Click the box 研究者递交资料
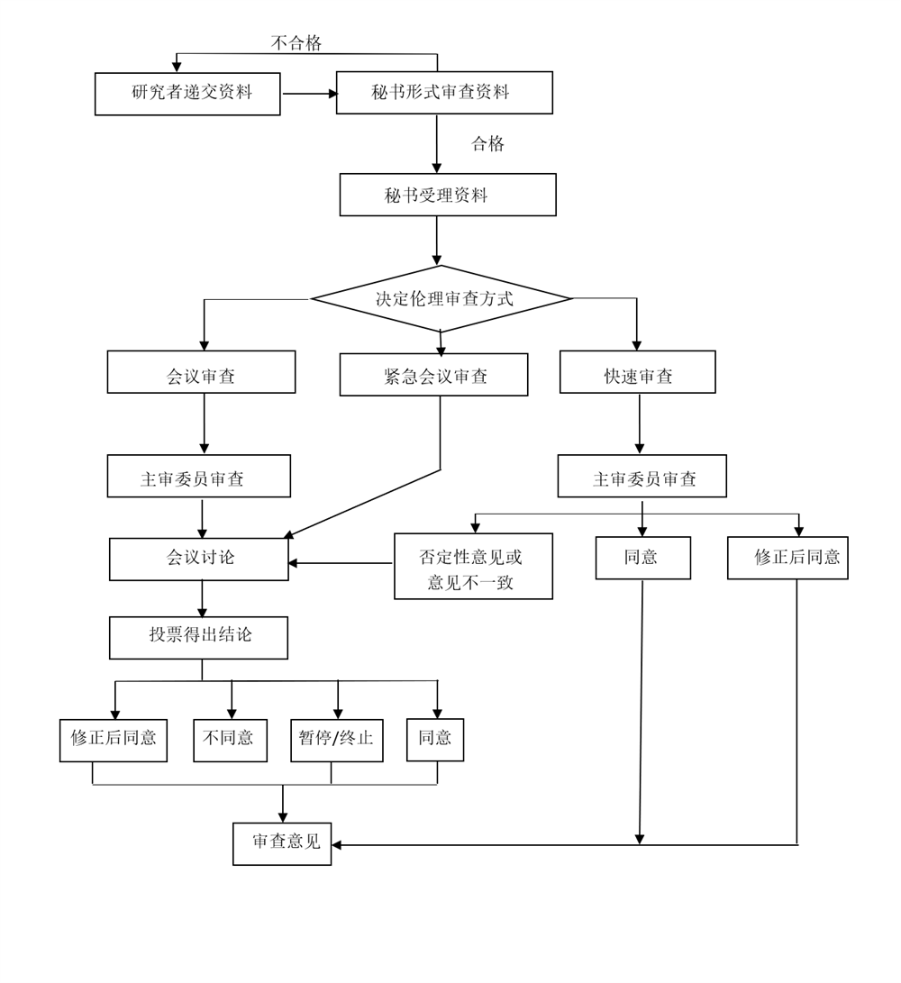tap(187, 94)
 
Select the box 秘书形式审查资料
tap(444, 93)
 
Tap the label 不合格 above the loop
tap(296, 42)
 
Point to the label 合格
tap(487, 143)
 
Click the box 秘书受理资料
tap(448, 195)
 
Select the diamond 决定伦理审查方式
tap(441, 298)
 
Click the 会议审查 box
tap(201, 372)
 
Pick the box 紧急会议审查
tap(433, 375)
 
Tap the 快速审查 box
tap(637, 372)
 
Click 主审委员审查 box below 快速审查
tap(642, 476)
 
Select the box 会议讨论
tap(199, 560)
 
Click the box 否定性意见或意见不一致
tap(473, 566)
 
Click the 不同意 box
tap(230, 741)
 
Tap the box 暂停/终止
tap(336, 741)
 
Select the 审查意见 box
tap(282, 844)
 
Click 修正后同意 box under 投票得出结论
tap(114, 741)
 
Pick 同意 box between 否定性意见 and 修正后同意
tap(642, 558)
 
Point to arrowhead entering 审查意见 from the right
tap(337, 845)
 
